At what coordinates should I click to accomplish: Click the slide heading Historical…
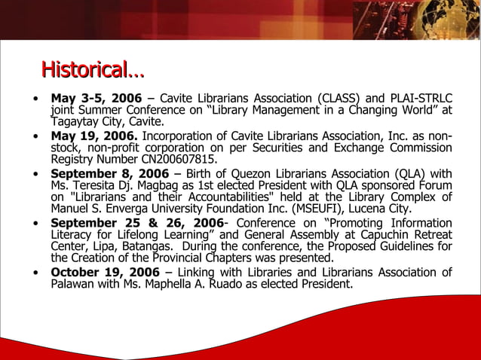pos(92,71)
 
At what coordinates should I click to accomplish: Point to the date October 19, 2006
pos(105,272)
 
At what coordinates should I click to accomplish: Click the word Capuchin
pos(384,234)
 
